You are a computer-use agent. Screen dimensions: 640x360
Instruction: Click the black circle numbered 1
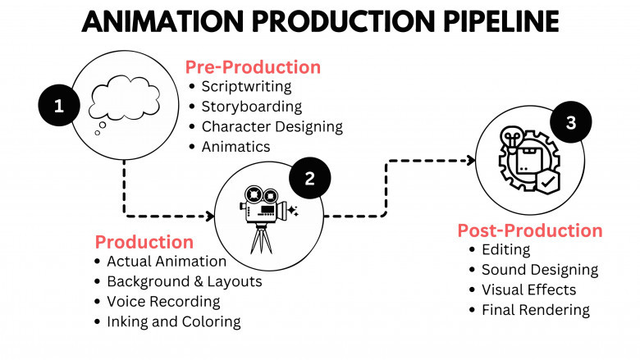(59, 105)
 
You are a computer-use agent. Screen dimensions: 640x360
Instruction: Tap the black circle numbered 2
(310, 178)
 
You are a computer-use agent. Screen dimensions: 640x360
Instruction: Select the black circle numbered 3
(570, 122)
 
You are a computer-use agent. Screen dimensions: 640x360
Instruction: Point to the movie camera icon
(268, 219)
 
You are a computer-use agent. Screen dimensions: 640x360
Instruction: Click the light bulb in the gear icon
(512, 138)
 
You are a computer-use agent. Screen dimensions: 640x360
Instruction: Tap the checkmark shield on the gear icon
(548, 182)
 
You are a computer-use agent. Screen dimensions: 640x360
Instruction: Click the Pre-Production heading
(253, 67)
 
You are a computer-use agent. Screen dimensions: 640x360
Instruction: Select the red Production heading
(144, 242)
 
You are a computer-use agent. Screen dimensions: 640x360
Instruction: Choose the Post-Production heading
(530, 230)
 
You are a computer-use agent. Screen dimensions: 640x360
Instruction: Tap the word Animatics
(236, 146)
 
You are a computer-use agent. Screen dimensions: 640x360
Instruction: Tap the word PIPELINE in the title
(501, 21)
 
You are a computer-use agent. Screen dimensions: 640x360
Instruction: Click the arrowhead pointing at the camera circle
(210, 216)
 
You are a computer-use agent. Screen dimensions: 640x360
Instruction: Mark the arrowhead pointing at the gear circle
(472, 161)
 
